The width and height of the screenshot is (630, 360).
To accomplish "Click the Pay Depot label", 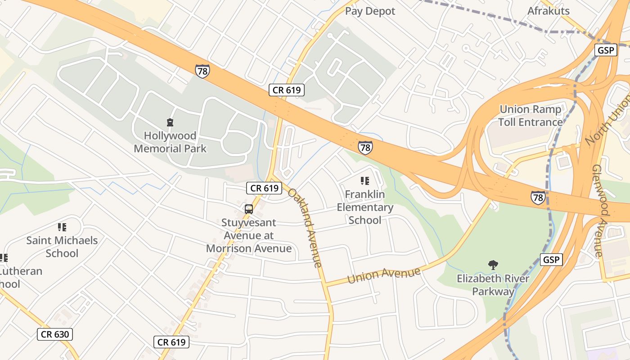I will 370,11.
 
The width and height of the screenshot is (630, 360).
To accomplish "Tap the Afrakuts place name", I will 549,11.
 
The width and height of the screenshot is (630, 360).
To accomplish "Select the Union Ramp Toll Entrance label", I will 531,116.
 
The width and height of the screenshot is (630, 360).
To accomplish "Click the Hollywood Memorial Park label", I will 170,142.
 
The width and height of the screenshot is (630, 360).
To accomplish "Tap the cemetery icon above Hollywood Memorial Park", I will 170,122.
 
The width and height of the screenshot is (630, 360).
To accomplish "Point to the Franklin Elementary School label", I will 365,207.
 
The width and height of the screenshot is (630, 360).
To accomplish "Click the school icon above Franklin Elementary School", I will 365,181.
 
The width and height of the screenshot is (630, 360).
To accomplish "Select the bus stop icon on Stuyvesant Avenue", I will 248,209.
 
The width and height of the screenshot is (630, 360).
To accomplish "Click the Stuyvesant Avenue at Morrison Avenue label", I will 249,235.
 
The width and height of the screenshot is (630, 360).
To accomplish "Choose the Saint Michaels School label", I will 62,247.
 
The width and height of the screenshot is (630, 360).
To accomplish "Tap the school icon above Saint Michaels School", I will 62,227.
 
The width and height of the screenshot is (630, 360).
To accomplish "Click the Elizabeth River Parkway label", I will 493,285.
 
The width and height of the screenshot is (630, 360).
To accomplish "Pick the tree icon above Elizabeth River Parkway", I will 493,265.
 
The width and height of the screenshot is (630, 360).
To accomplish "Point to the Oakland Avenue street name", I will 305,228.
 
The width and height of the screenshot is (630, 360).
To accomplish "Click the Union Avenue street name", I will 384,275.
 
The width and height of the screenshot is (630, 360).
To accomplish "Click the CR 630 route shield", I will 54,334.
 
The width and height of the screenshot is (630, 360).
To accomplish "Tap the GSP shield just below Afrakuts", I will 605,50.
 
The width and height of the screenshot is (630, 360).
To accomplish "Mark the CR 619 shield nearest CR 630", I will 171,342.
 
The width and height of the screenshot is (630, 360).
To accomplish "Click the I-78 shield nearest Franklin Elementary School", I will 365,147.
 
